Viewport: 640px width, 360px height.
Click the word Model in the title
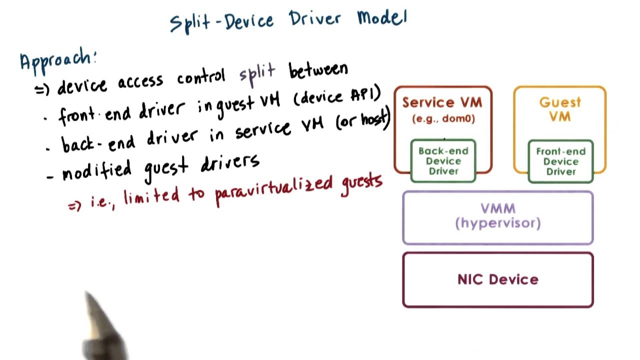[x=382, y=18]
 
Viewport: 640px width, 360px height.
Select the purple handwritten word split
[x=257, y=74]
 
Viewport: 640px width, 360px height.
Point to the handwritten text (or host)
[x=362, y=120]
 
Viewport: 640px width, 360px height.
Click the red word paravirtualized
[x=273, y=188]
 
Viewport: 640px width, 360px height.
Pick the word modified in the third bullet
[x=97, y=169]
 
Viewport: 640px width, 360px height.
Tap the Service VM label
[x=442, y=102]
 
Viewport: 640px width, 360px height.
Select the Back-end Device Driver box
[x=443, y=161]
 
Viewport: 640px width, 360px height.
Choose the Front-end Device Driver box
[x=560, y=161]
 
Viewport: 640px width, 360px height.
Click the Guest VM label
[x=560, y=109]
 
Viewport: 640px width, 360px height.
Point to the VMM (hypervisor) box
[x=497, y=217]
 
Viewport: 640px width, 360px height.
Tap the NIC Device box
[x=497, y=279]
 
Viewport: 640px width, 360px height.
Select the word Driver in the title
[x=315, y=19]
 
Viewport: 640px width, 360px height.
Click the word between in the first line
[x=318, y=70]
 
